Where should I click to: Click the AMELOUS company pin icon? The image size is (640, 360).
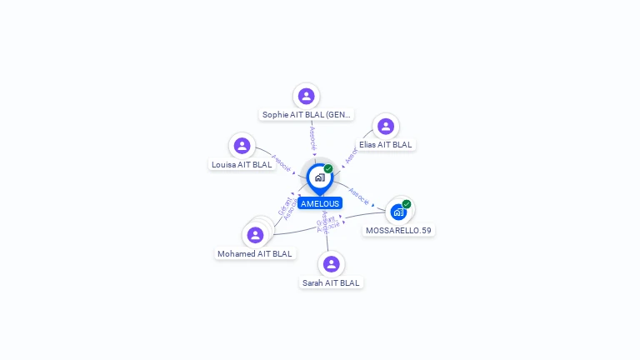coord(319,177)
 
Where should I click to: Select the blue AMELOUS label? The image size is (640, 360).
coord(320,203)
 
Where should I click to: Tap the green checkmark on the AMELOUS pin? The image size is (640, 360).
coord(328,168)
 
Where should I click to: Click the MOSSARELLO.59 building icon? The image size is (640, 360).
coord(398,212)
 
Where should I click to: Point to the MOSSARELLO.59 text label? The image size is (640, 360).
coord(399,230)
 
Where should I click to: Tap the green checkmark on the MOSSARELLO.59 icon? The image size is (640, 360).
coord(407,204)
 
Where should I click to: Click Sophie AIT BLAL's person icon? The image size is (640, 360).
coord(307,96)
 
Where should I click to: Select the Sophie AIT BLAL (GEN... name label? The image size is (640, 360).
coord(307,115)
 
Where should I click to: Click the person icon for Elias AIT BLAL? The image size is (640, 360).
coord(385,126)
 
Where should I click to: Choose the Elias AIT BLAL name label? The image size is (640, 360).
coord(385,145)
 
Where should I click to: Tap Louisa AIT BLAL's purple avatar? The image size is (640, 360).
coord(242,146)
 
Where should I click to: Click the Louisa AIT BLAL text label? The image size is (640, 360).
coord(242,165)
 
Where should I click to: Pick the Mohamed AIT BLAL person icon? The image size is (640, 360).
coord(255,235)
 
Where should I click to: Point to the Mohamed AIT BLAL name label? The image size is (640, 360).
coord(255,253)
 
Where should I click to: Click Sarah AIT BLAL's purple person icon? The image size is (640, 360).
coord(332,264)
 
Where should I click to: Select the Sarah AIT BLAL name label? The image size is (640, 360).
coord(332,283)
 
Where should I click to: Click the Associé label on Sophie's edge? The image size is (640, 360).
coord(312,137)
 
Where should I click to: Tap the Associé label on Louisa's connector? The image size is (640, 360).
coord(281,162)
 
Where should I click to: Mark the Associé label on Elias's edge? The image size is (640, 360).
coord(352,156)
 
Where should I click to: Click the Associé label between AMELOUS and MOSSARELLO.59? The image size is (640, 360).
coord(359,196)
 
